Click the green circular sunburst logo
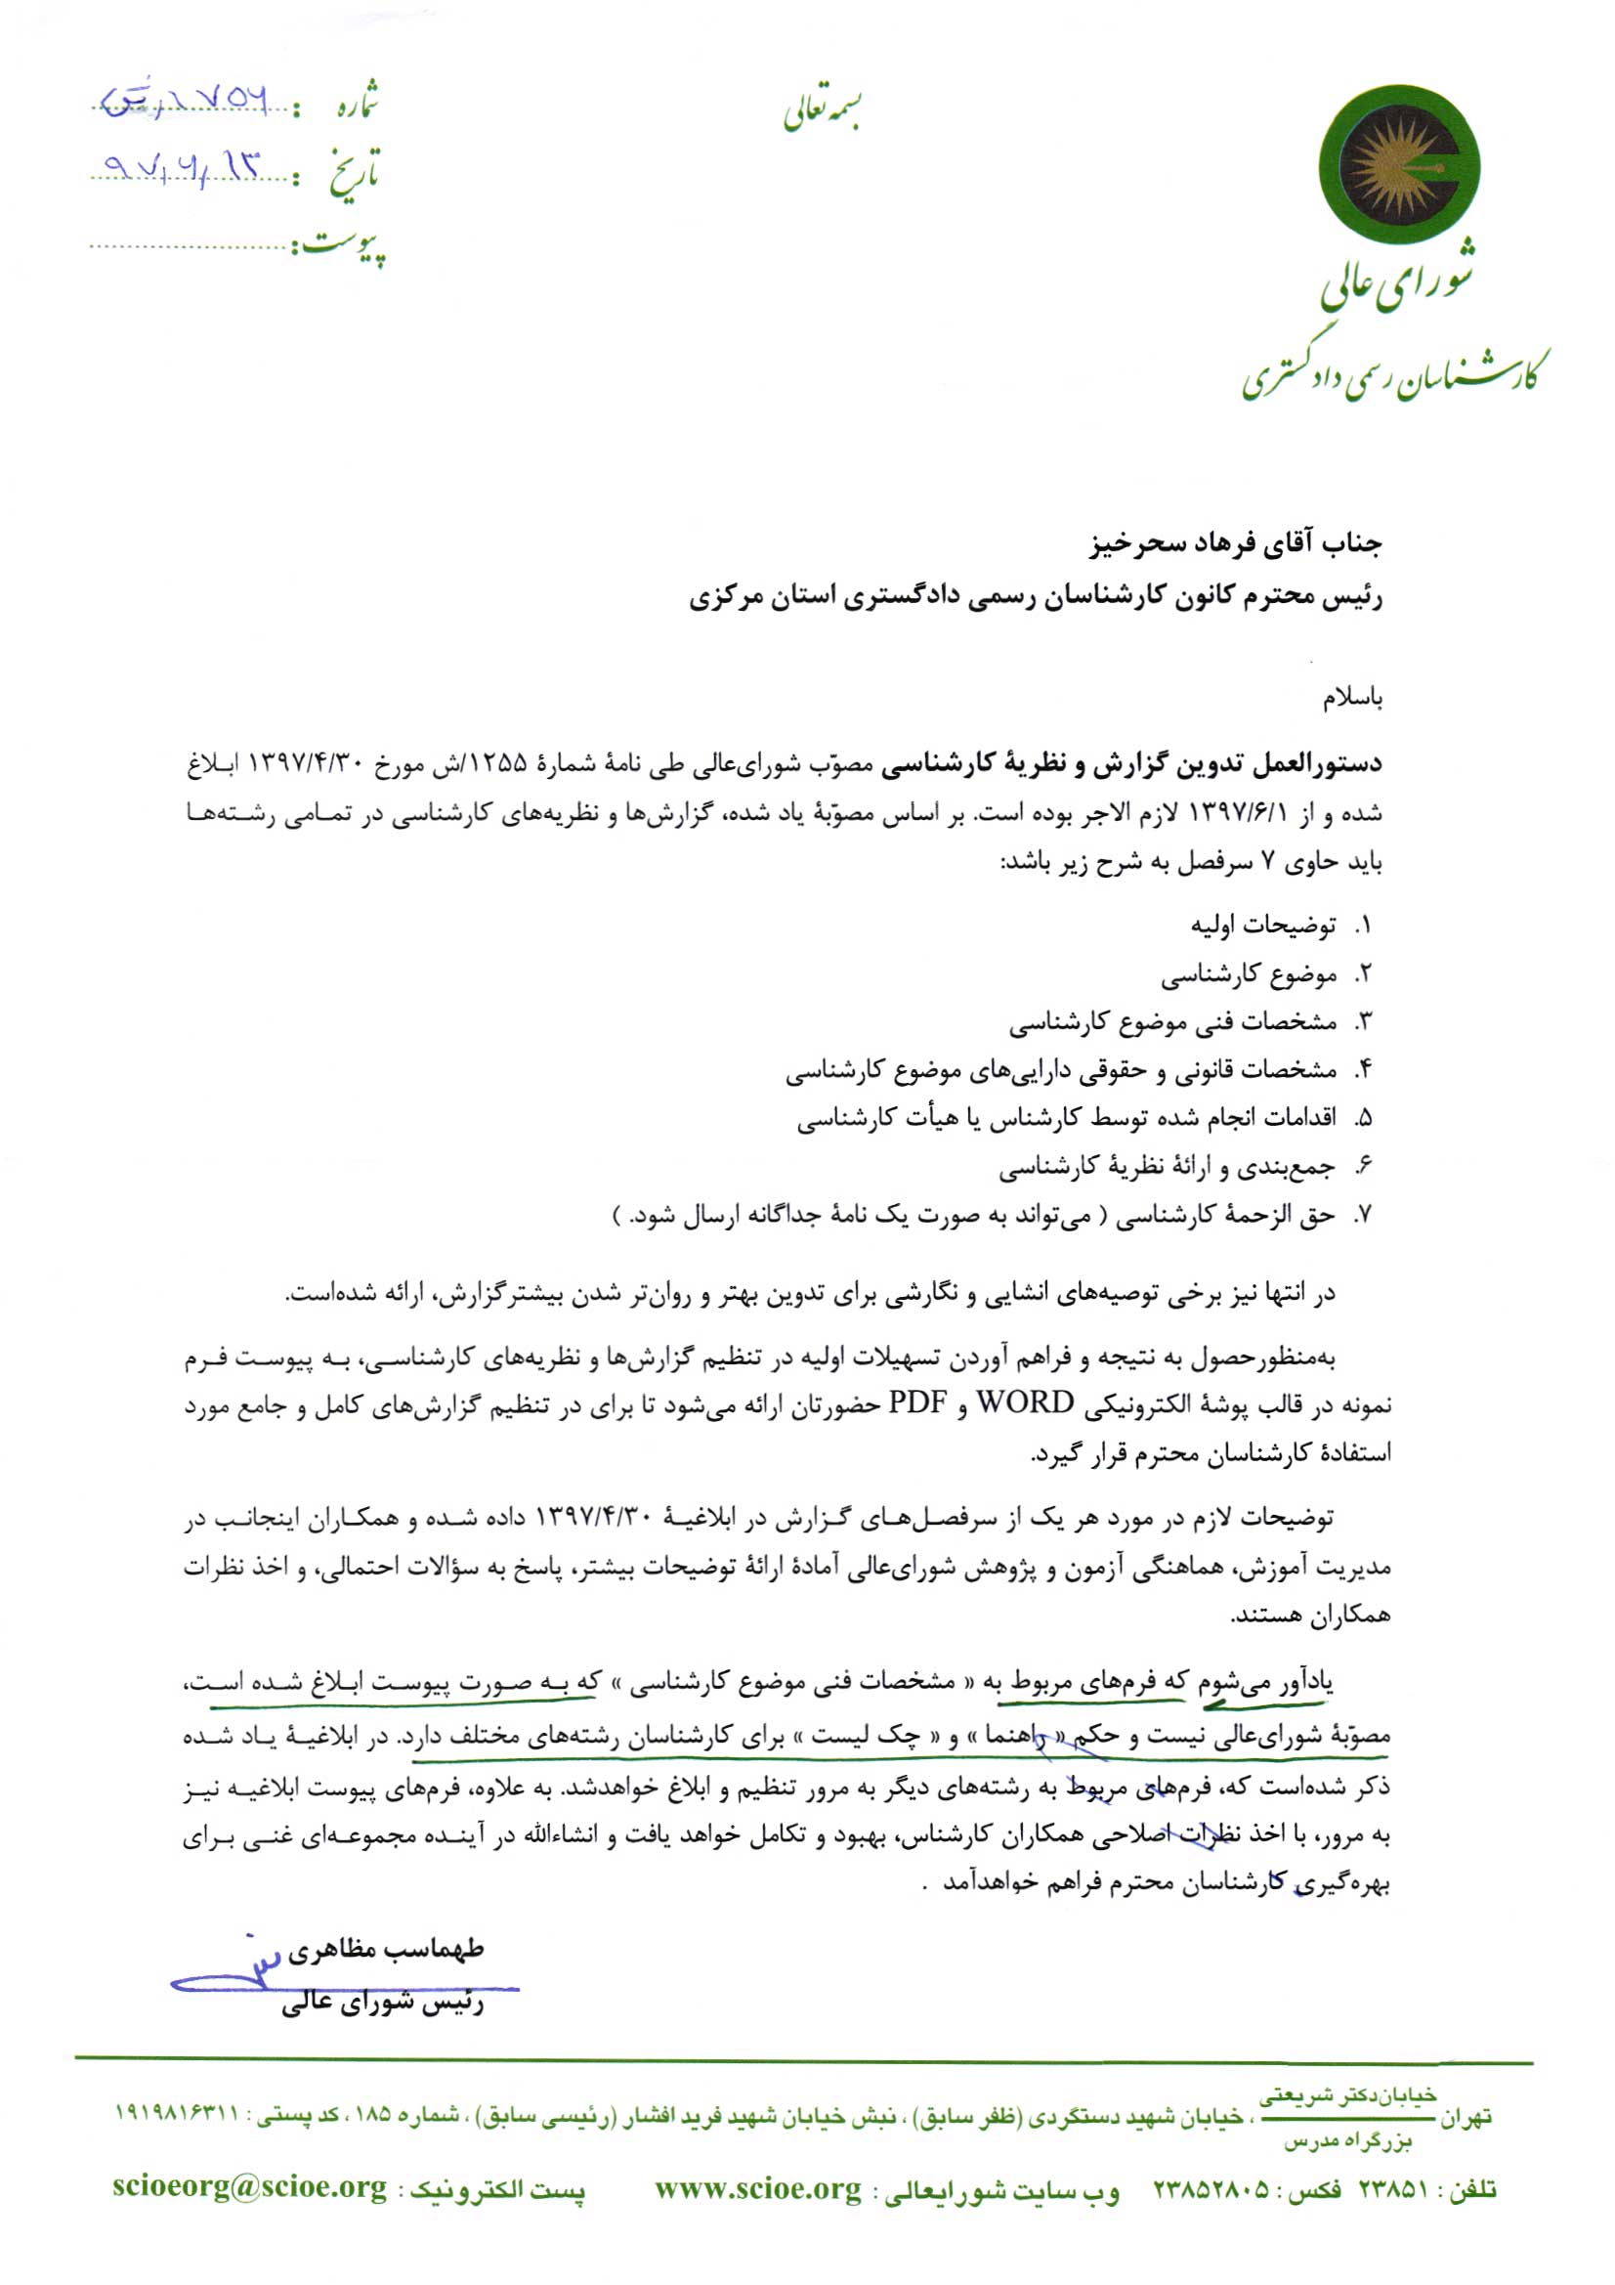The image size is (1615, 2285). click(1398, 166)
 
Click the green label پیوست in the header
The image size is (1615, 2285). click(342, 243)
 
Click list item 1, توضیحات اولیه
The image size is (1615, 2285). click(1262, 926)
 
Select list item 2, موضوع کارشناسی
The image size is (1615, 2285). click(1248, 974)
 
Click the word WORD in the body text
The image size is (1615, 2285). click(1024, 1403)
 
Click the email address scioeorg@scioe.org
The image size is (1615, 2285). click(249, 2188)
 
